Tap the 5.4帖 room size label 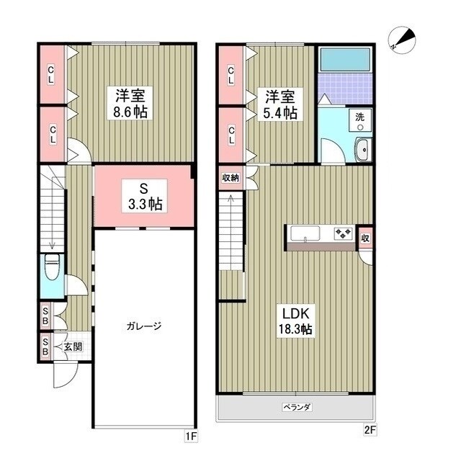[280, 112]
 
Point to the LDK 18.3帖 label [296, 321]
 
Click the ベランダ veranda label [296, 407]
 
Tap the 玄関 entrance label [73, 346]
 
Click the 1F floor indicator [191, 437]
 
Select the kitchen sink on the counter [306, 233]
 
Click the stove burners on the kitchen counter [343, 233]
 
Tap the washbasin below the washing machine [362, 150]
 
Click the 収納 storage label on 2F [230, 177]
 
